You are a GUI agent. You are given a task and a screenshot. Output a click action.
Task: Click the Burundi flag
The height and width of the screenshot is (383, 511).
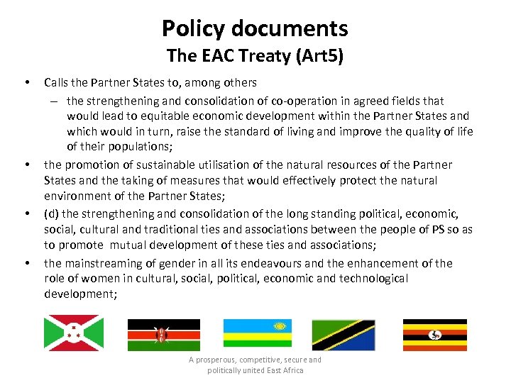click(74, 333)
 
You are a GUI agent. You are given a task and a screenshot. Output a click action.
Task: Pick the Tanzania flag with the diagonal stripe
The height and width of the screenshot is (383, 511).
click(344, 335)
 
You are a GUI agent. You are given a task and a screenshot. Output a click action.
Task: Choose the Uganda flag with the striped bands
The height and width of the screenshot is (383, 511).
click(435, 335)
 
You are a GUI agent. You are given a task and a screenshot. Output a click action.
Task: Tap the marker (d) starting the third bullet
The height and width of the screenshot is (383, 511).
click(52, 214)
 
